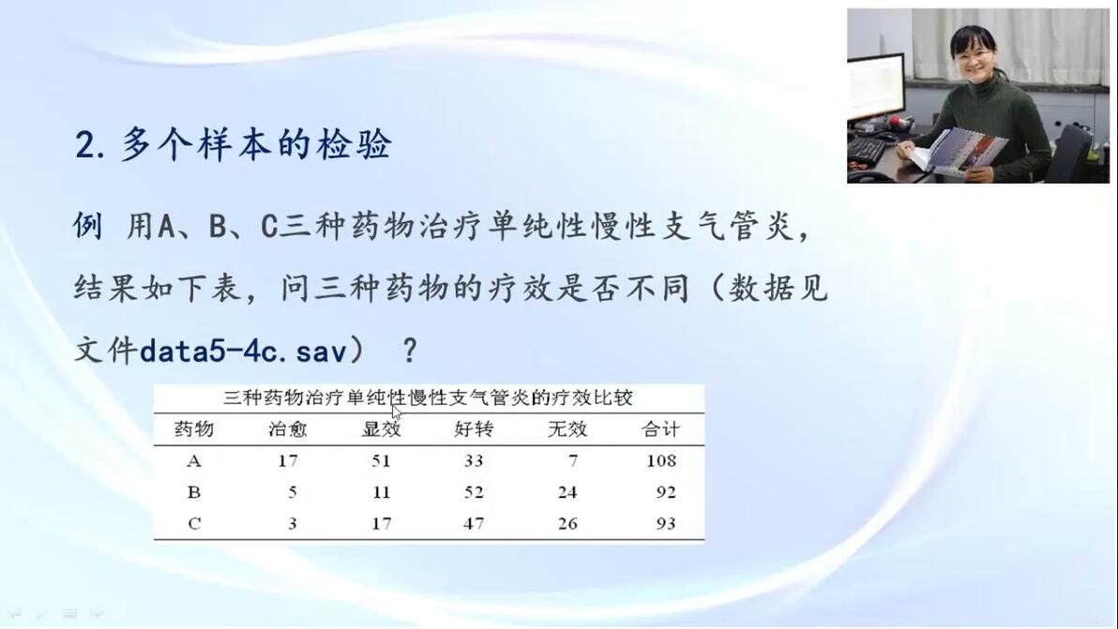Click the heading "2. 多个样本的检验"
pos(234,144)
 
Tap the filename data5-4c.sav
pos(243,351)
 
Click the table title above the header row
pos(428,397)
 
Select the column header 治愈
pos(287,428)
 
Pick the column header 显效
pos(382,428)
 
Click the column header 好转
pos(474,428)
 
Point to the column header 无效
pos(567,428)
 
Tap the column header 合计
pos(660,428)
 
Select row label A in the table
pos(194,461)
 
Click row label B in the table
pos(194,492)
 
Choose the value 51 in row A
pos(381,461)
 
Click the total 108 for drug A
pos(661,461)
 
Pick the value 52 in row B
pos(474,492)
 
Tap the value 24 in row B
pos(567,492)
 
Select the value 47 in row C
pos(474,524)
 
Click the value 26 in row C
pos(567,524)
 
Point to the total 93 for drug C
pos(666,524)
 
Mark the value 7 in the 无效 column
pos(573,461)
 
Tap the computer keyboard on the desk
pos(867,150)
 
